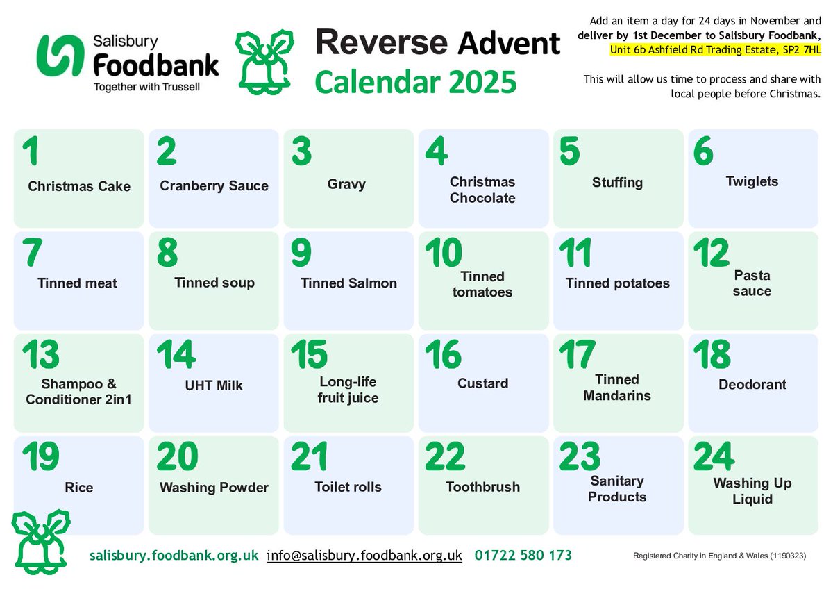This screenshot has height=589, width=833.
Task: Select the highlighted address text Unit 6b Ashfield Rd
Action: pyautogui.click(x=715, y=49)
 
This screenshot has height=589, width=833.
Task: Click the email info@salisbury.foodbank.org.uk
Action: pyautogui.click(x=364, y=556)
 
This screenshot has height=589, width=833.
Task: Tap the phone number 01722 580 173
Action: pyautogui.click(x=523, y=556)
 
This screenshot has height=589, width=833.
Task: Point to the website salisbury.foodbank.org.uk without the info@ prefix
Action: pyautogui.click(x=174, y=556)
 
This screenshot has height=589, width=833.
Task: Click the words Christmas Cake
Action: pyautogui.click(x=79, y=186)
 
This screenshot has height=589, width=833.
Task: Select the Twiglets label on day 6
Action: pyautogui.click(x=752, y=182)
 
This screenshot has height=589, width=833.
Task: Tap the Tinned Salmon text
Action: pyautogui.click(x=348, y=283)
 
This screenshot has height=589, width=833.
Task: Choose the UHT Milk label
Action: pyautogui.click(x=214, y=385)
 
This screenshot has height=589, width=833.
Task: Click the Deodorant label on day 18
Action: pyautogui.click(x=752, y=384)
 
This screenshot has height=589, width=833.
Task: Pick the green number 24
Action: pyautogui.click(x=714, y=456)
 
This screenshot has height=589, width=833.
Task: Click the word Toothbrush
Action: pyautogui.click(x=482, y=487)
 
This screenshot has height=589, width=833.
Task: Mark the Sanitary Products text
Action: pyautogui.click(x=617, y=488)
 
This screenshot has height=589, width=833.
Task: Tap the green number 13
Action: pyautogui.click(x=40, y=355)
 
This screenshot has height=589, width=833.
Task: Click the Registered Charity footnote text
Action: pyautogui.click(x=719, y=556)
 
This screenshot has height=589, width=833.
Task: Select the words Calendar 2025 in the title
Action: pyautogui.click(x=416, y=81)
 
